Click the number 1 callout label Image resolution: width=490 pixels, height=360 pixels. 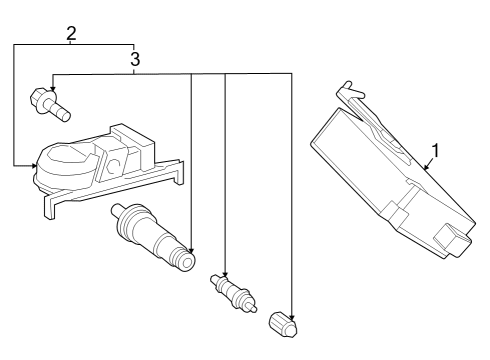(x=435, y=153)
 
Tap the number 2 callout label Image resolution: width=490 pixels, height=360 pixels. (x=71, y=33)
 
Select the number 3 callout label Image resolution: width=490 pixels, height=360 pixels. (x=134, y=60)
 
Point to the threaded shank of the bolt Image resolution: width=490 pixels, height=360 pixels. (x=63, y=109)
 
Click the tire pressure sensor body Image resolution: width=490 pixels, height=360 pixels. (x=75, y=165)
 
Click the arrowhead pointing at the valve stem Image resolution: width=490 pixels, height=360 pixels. (x=190, y=251)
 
